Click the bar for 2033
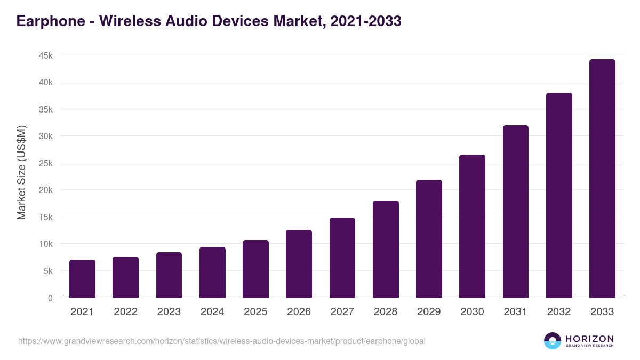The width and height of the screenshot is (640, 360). [x=602, y=179]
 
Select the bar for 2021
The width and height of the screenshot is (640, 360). [x=82, y=279]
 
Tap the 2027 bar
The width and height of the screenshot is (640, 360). [x=342, y=258]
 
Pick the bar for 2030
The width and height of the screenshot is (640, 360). [x=473, y=226]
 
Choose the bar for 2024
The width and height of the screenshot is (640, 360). [x=212, y=273]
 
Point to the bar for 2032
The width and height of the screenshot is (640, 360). [x=559, y=195]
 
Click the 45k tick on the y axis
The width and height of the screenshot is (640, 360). [x=45, y=55]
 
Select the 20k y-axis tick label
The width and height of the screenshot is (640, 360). [x=45, y=190]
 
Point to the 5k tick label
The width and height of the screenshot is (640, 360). [x=47, y=271]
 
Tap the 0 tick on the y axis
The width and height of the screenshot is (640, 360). [x=50, y=298]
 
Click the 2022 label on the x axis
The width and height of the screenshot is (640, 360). [x=125, y=312]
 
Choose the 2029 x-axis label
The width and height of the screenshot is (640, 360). [x=429, y=312]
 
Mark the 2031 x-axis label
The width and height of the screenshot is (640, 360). [x=516, y=312]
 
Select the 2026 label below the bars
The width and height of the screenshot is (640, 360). [x=299, y=312]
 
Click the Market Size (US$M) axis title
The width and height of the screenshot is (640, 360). [x=21, y=172]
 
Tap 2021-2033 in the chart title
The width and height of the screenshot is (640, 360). [x=366, y=21]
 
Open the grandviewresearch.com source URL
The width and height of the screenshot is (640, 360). [x=222, y=341]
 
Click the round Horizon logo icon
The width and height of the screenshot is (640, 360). [x=553, y=341]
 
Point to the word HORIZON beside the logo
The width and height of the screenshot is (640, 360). [x=589, y=338]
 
